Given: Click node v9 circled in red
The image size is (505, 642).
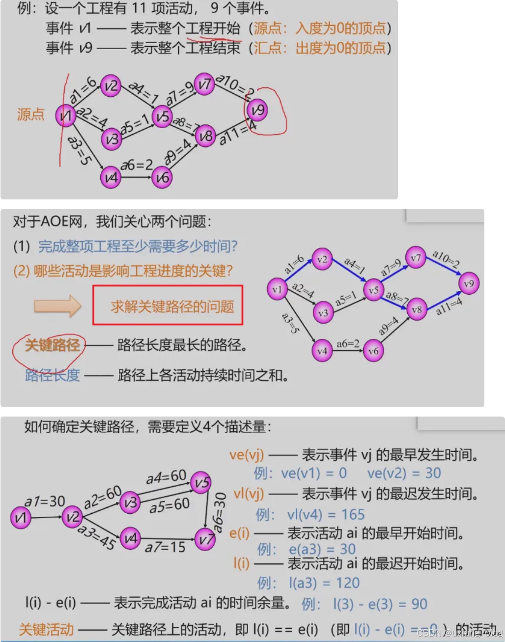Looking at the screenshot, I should (257, 110).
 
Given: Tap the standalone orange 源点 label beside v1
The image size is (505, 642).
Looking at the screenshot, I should (30, 114).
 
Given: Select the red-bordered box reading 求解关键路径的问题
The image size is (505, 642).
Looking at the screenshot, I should (168, 306).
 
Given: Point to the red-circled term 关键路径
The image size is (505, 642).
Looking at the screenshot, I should (52, 345).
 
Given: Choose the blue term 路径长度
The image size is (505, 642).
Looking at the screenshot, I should (52, 375).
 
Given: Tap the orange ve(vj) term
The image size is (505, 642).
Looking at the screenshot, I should (246, 455).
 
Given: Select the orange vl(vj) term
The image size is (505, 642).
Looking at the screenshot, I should (248, 494).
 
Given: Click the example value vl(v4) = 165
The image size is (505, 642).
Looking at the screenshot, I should (326, 514).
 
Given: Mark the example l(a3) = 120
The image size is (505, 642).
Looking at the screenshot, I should (324, 583).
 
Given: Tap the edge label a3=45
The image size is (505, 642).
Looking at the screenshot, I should (96, 536).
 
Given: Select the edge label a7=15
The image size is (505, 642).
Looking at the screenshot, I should (165, 547).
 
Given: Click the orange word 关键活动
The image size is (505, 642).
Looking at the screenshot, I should (46, 629).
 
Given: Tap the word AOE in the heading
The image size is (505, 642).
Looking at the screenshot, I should (55, 222).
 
